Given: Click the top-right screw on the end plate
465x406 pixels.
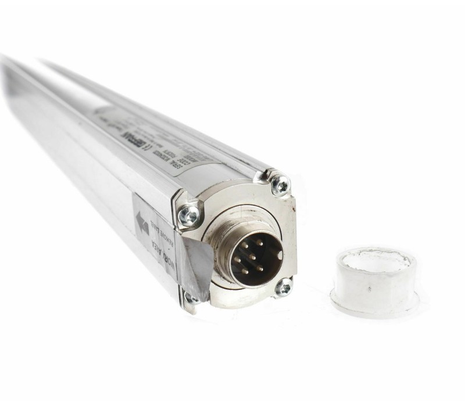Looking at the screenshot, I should pos(281,185).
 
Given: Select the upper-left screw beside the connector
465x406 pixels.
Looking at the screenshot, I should pos(189,215).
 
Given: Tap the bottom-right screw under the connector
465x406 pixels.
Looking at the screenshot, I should pos(283,287).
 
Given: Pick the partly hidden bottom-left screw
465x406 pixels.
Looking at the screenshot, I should pos(189,299).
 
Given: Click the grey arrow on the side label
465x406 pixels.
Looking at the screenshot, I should pos(142,223).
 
